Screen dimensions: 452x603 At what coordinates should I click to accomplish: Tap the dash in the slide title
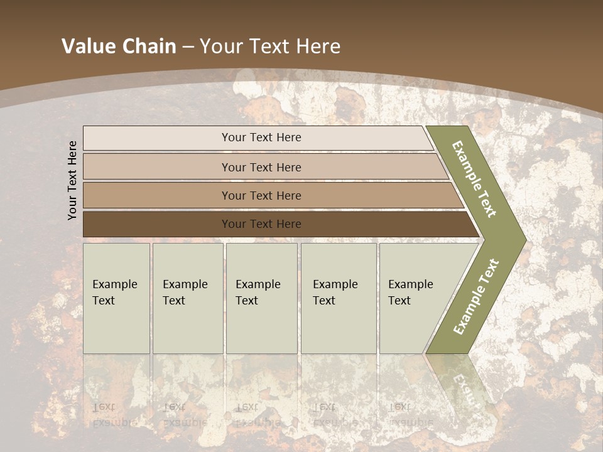point(188,47)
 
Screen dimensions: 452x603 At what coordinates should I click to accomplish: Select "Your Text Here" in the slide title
point(270,46)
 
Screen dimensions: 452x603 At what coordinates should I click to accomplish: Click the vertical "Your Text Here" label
point(72,180)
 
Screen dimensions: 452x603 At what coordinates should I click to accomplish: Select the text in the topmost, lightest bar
point(261,137)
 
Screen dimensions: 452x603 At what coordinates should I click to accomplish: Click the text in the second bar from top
point(261,167)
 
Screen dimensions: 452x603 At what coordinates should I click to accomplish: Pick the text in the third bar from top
point(261,195)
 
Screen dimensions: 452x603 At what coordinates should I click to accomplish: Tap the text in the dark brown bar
point(261,223)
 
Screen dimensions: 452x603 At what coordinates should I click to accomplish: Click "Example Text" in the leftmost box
point(114,292)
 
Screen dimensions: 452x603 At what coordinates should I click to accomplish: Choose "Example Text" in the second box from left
point(185,292)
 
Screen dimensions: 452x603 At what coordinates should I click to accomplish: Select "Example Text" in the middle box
point(258,292)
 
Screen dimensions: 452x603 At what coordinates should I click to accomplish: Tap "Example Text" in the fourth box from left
point(335,292)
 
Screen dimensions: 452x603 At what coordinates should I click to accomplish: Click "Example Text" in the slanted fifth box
point(410,292)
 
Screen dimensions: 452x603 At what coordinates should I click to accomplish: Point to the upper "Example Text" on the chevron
point(475,178)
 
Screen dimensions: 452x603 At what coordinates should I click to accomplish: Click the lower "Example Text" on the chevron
point(475,296)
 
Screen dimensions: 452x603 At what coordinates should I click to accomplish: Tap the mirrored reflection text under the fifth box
point(410,414)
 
